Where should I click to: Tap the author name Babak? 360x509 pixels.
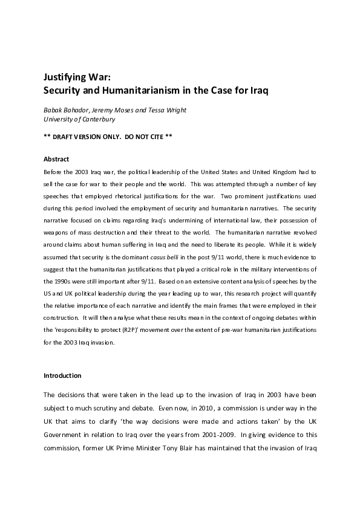click(54, 110)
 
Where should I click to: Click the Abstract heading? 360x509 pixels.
click(56, 159)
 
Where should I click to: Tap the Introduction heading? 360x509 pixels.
click(62, 375)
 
